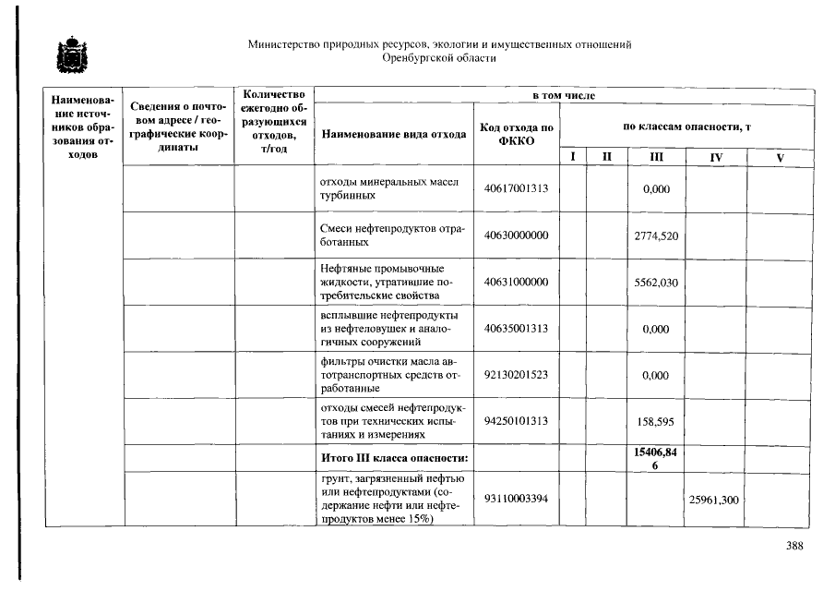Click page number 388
point(794,546)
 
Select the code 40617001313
point(516,189)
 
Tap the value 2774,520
point(656,236)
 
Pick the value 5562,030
point(656,283)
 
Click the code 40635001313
point(516,329)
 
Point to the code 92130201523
point(516,375)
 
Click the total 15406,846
point(656,457)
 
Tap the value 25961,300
point(714,500)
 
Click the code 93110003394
point(516,500)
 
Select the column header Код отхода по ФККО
point(516,134)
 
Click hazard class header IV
point(715,158)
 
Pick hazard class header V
point(780,158)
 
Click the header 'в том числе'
point(564,96)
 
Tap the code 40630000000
point(516,236)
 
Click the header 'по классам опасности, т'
point(686,126)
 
